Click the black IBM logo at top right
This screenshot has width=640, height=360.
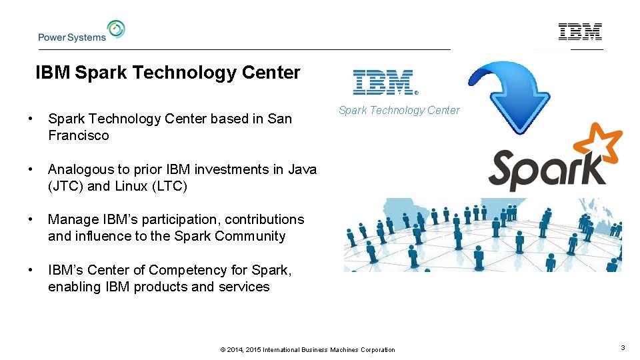[x=580, y=31]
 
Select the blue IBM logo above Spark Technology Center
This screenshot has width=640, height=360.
[x=385, y=83]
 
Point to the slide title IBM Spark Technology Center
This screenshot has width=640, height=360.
[x=168, y=73]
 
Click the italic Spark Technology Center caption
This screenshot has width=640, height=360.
[x=399, y=111]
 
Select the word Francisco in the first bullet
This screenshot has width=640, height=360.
[x=78, y=135]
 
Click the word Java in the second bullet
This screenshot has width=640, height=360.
[x=302, y=169]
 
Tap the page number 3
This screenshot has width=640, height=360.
[x=622, y=348]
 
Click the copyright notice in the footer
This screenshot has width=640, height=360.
[x=307, y=349]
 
